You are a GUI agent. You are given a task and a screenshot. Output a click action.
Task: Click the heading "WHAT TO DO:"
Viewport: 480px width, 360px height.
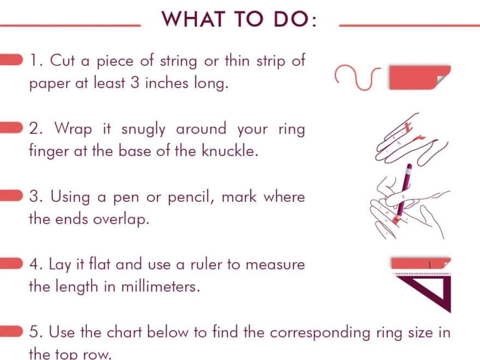239,20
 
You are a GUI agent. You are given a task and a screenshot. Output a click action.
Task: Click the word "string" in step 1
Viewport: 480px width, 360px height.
178,61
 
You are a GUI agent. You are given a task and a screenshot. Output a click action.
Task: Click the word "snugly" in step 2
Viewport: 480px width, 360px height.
143,130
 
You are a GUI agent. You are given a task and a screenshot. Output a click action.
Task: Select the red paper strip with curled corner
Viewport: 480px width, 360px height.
419,77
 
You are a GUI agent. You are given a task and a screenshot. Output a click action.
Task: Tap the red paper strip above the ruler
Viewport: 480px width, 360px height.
420,264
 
